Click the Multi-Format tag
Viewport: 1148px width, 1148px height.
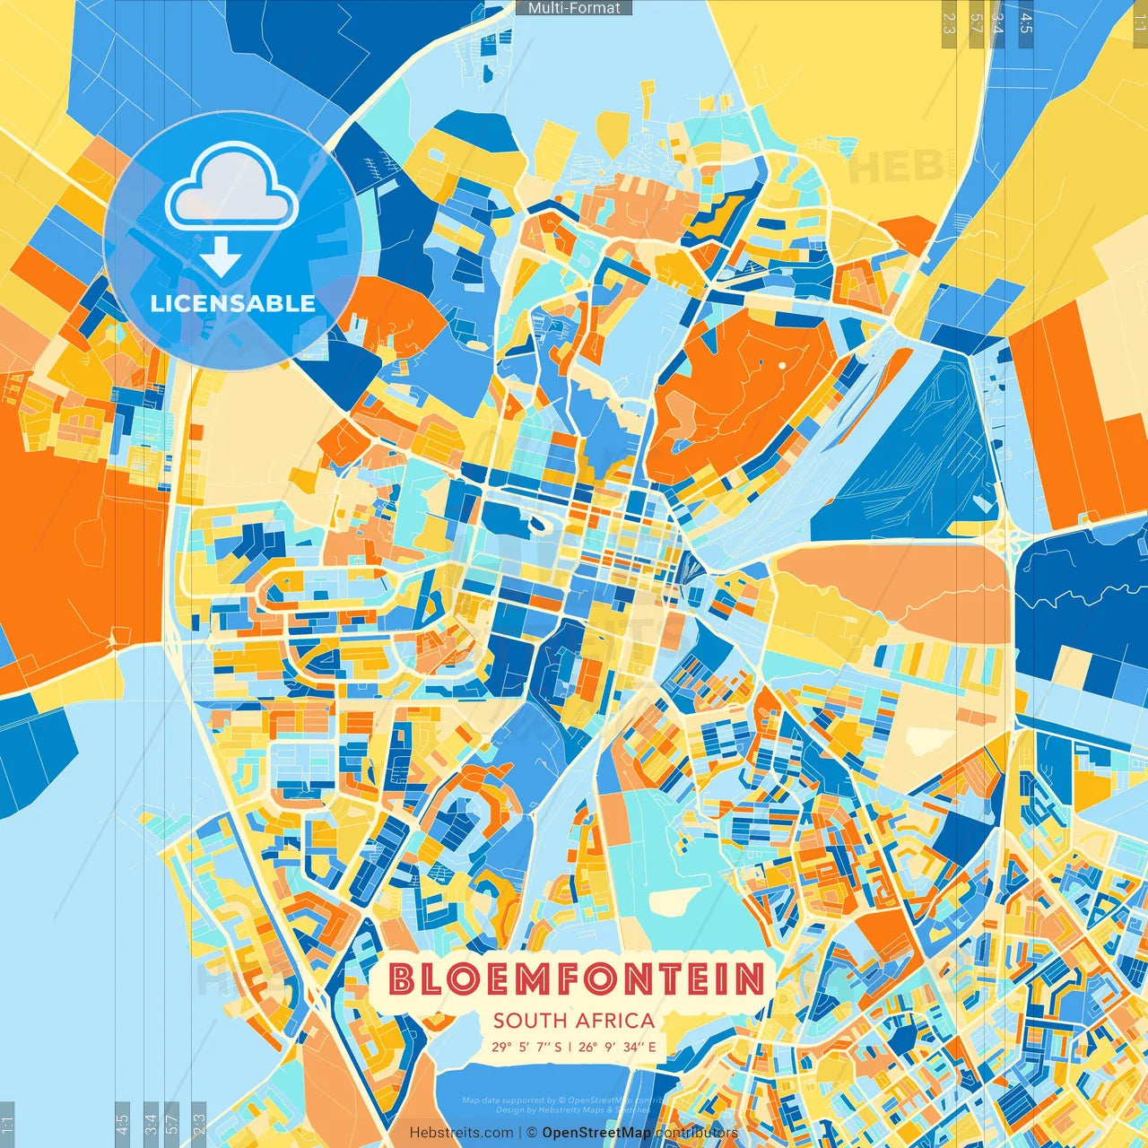(574, 8)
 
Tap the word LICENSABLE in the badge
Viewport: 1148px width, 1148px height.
(232, 303)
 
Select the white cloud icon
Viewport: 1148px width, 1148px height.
(231, 186)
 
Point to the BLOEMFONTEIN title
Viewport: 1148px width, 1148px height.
(577, 979)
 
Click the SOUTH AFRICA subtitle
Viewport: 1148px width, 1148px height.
(574, 1021)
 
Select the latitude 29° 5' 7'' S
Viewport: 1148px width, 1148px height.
(526, 1047)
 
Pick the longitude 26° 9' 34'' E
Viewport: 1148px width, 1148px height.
(617, 1047)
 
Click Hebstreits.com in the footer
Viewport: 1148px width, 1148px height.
(462, 1133)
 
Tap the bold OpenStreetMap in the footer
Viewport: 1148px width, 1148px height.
(596, 1133)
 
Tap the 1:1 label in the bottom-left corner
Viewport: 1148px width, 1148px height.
(8, 1125)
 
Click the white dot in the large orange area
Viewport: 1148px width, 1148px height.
(782, 365)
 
